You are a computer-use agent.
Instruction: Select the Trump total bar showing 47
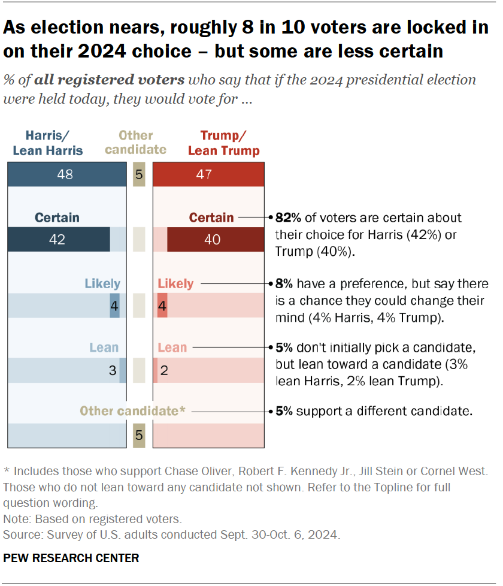coord(208,174)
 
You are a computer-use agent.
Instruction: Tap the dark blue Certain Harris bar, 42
coord(59,240)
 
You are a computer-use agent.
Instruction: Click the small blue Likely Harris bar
coord(114,305)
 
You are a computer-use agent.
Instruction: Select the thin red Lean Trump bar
coord(156,370)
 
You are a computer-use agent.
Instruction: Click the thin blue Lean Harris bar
coord(123,370)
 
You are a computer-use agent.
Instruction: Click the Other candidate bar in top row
coord(139,174)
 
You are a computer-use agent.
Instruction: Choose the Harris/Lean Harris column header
coord(48,143)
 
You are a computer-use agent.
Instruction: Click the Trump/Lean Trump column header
coord(224,143)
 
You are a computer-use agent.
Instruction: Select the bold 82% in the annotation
coord(286,218)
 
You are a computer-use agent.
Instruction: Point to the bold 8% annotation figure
coord(283,283)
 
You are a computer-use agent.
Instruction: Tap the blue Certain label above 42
coord(57,218)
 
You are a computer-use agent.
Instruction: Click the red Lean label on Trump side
coord(172,348)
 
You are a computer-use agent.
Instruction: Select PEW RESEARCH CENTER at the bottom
coord(71,558)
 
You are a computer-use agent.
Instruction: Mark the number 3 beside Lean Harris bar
coord(112,370)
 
